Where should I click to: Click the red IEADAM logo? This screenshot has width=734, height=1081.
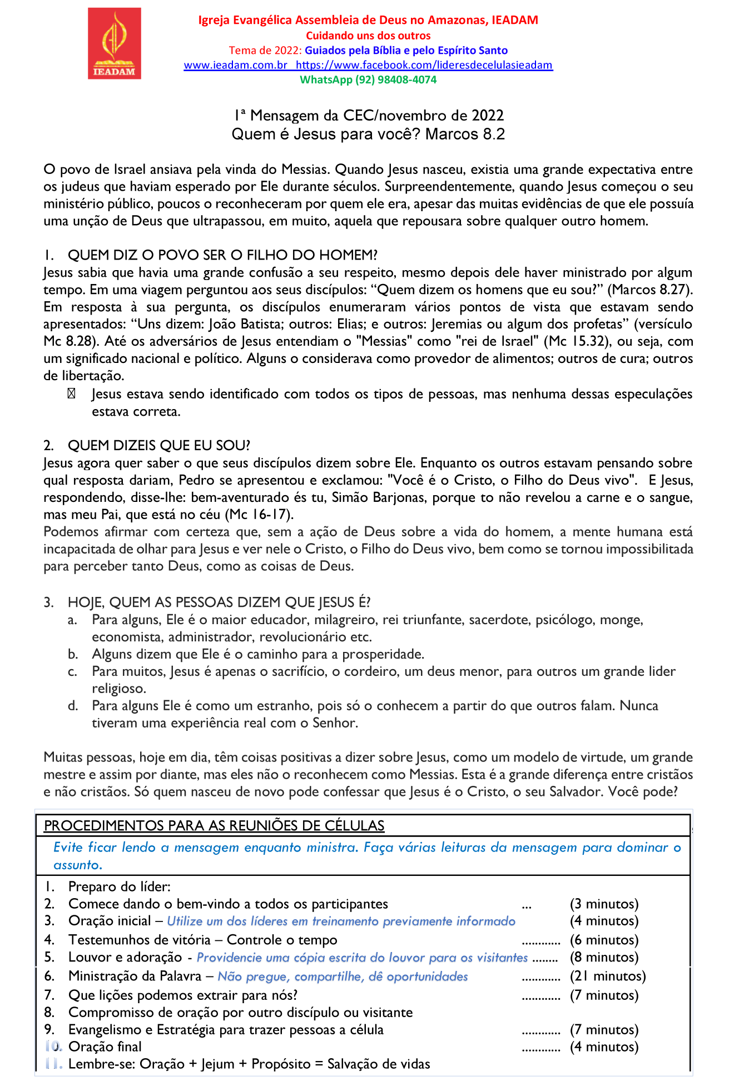(x=114, y=43)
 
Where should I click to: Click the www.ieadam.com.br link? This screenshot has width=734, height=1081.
(x=235, y=65)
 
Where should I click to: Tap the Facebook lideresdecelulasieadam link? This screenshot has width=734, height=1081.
(x=424, y=65)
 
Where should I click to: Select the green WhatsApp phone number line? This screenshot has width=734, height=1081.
(x=368, y=79)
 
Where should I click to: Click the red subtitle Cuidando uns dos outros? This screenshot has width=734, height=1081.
(x=368, y=36)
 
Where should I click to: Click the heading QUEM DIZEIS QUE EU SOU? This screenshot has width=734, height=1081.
(x=159, y=445)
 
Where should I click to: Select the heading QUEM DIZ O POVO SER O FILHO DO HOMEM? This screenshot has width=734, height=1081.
(x=222, y=255)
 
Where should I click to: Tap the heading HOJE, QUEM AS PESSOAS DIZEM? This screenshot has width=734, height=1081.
(x=219, y=602)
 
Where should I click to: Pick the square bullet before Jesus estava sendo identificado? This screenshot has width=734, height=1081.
(x=72, y=394)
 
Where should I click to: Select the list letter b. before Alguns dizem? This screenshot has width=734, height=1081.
(x=73, y=654)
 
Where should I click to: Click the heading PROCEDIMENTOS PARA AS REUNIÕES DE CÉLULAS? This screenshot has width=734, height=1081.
(x=214, y=825)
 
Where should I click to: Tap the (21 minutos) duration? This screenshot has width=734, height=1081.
(x=608, y=976)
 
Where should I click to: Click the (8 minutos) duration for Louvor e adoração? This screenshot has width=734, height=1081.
(x=604, y=957)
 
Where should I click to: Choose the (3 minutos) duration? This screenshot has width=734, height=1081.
(x=604, y=904)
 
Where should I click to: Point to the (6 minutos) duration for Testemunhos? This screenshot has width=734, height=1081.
(x=604, y=940)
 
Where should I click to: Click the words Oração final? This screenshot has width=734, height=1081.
(x=105, y=1047)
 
